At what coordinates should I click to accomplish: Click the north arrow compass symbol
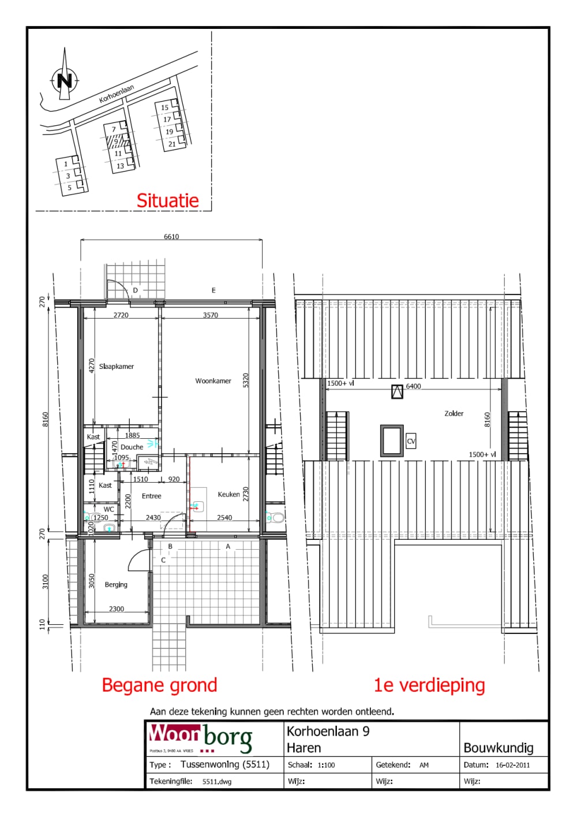64,80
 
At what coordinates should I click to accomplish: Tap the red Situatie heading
167,200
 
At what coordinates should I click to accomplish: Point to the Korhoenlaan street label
117,94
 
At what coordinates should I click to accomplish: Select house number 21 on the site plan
172,144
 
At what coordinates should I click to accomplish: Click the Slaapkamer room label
117,367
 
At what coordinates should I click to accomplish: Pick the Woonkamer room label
213,381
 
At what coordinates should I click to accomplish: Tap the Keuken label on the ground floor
228,494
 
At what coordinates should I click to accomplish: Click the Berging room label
116,585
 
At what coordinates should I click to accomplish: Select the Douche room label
132,447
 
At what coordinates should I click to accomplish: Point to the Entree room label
152,496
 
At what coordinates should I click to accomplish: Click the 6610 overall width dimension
171,237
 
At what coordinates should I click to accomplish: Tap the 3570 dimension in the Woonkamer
211,315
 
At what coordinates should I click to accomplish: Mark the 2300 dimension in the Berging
117,609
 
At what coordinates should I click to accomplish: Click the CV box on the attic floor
411,441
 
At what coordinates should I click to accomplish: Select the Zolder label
454,413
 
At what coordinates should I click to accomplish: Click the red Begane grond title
159,685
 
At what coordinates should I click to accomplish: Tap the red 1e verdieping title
429,685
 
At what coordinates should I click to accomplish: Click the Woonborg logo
200,737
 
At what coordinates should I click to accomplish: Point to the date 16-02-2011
512,765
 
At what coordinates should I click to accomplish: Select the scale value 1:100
326,765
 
